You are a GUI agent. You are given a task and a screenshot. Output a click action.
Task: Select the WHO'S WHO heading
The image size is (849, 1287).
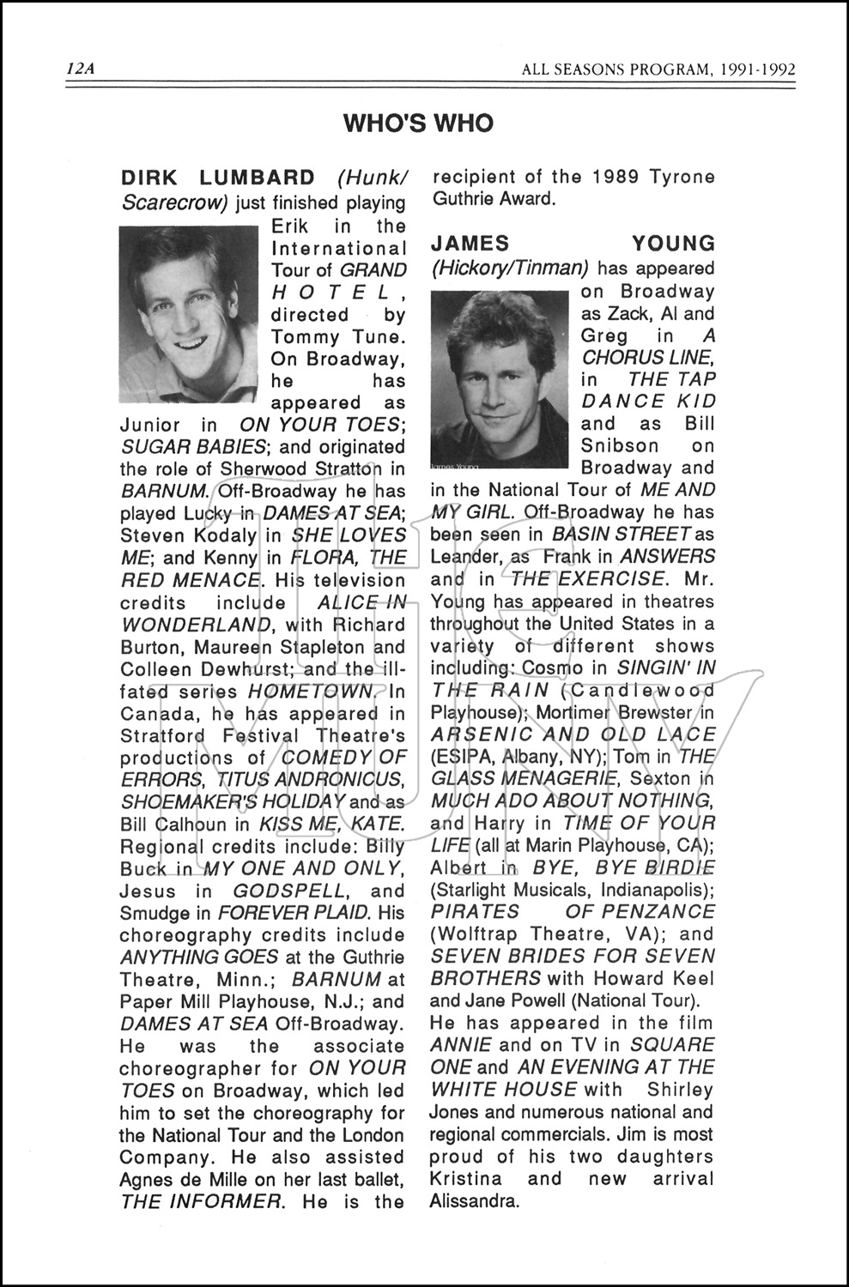[418, 124]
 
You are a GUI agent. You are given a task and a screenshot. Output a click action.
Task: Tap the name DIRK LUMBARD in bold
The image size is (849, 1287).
[217, 178]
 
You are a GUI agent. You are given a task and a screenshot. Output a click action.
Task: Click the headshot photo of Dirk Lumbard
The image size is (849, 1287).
[188, 314]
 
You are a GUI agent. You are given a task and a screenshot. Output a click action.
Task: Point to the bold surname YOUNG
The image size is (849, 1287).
[673, 245]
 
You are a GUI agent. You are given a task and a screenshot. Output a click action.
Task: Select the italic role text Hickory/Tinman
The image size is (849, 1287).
[509, 268]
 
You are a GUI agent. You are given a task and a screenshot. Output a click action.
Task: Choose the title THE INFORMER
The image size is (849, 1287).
[201, 1202]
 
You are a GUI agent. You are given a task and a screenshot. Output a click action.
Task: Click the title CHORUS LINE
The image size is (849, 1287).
[646, 358]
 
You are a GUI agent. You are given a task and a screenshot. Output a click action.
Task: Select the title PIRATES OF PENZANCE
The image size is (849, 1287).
[573, 911]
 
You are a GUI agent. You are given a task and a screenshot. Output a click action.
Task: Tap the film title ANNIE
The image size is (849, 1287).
[461, 1045]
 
